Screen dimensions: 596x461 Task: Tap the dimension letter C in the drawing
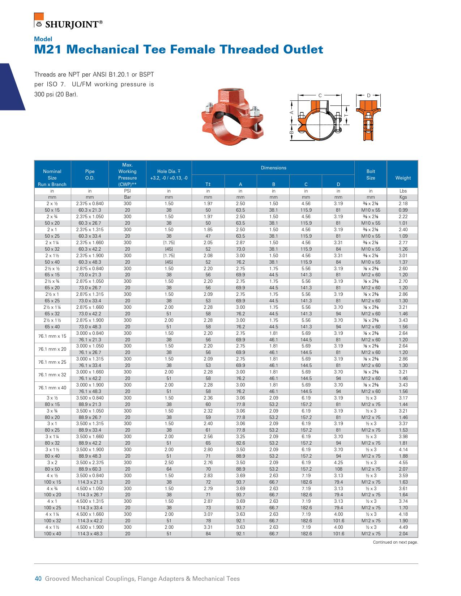[x=320, y=95]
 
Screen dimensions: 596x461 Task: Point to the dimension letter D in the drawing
[x=368, y=95]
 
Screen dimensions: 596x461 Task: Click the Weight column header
[x=403, y=178]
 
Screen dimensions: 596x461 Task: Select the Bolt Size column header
[x=371, y=174]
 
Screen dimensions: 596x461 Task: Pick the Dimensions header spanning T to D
[x=273, y=168]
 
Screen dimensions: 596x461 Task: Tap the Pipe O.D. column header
[x=90, y=174]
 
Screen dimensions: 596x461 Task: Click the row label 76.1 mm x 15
[x=52, y=336]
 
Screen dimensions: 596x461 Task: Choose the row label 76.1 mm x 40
[x=52, y=388]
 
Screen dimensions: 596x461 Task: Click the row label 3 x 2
[x=52, y=463]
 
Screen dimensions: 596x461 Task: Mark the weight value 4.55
[x=403, y=463]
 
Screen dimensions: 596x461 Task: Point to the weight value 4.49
[x=403, y=527]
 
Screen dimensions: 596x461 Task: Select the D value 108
[x=338, y=469]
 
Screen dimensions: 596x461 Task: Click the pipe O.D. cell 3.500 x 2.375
[x=90, y=463]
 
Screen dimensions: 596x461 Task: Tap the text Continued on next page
[x=396, y=542]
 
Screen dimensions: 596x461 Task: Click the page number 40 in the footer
[x=38, y=579]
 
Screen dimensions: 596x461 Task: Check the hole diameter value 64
[x=169, y=469]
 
